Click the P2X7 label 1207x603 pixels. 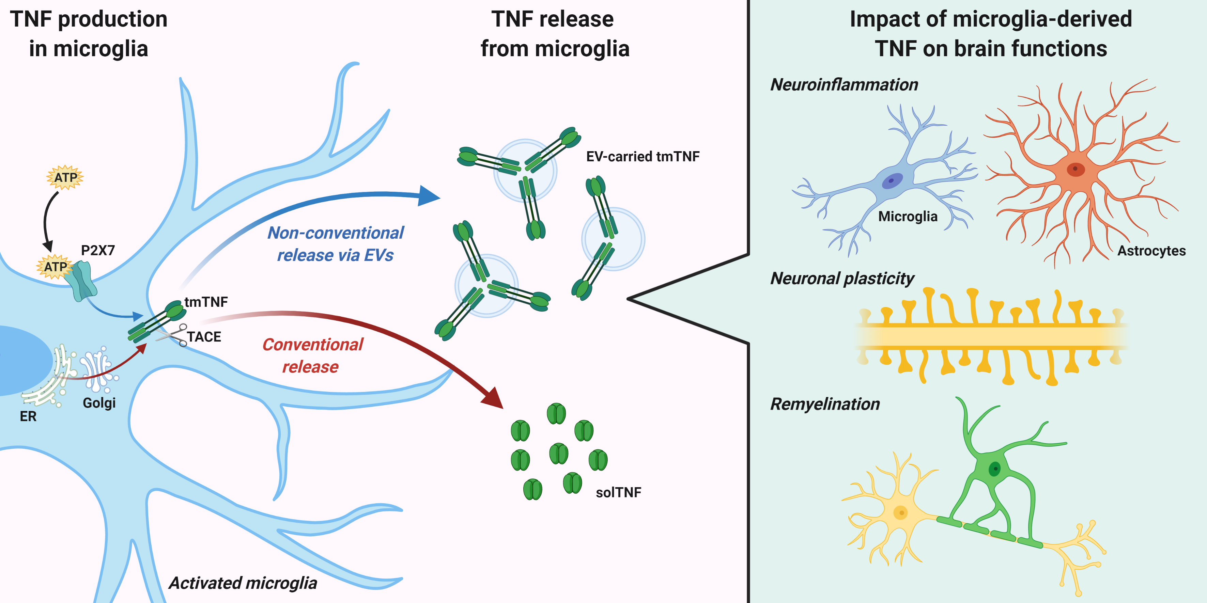(97, 251)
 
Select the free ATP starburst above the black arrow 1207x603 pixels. (65, 177)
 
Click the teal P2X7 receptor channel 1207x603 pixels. (81, 281)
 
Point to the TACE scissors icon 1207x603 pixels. (172, 335)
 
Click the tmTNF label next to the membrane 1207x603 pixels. (206, 302)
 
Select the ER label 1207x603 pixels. (28, 416)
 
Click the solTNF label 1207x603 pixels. (618, 492)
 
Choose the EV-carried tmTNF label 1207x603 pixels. (643, 156)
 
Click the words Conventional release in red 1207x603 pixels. (312, 355)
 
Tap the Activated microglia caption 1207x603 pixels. (243, 583)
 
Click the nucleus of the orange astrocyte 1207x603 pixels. (1076, 169)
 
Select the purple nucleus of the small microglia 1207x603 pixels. (892, 181)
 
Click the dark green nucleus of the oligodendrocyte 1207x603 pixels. (994, 468)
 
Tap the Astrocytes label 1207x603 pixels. (1151, 251)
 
